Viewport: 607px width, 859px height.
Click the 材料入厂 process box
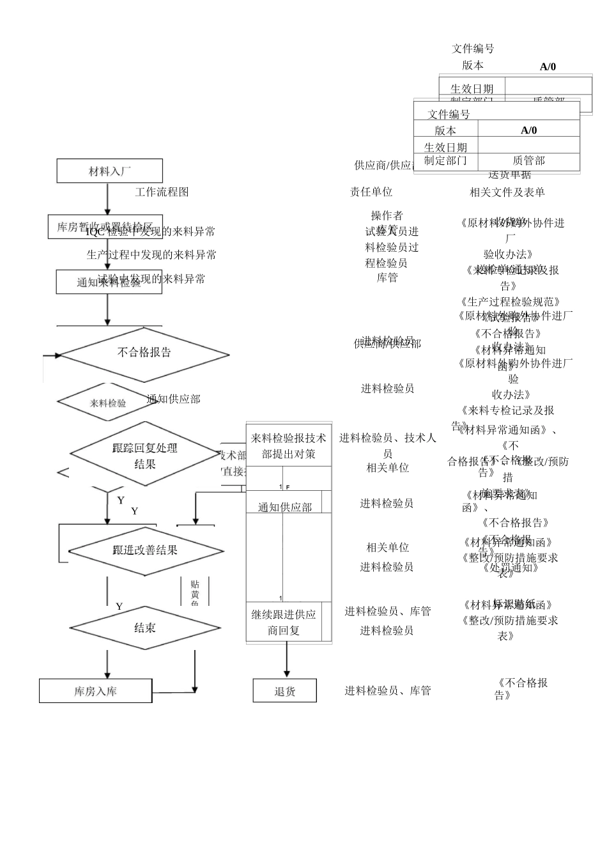coord(109,171)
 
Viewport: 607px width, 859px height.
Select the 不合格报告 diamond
coord(144,353)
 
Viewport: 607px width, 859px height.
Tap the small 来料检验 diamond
coord(108,403)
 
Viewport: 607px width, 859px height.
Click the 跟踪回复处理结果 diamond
coord(145,455)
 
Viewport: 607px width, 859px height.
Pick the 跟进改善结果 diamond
coord(146,550)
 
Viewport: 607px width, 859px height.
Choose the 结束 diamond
coord(145,628)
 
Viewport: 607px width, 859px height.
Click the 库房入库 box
coord(95,691)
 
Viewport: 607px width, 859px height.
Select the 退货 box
coord(285,691)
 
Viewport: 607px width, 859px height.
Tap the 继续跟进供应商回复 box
coord(284,622)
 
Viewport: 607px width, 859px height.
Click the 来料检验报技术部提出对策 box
coord(288,445)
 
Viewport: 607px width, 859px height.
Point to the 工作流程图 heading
coord(162,192)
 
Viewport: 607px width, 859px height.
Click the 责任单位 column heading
coord(371,192)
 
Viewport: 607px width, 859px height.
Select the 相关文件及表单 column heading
coord(507,192)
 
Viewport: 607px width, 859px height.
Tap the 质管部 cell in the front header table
coord(528,161)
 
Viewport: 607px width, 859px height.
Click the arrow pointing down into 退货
coord(287,665)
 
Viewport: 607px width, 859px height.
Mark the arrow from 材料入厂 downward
coord(107,199)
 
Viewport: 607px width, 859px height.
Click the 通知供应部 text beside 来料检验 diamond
coord(173,399)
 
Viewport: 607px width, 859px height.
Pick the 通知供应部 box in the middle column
coord(285,507)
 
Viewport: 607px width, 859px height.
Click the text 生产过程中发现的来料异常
coord(151,254)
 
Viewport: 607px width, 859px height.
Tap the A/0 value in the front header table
coord(528,130)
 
